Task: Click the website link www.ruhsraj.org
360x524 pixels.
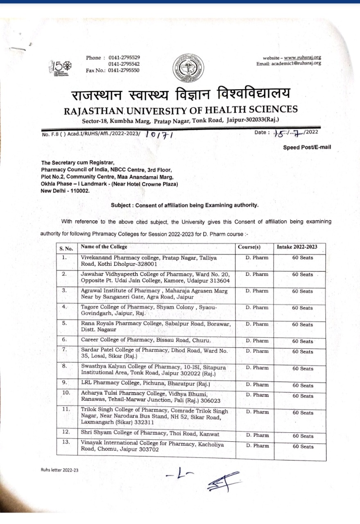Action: coord(302,58)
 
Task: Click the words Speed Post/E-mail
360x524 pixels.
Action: coord(307,147)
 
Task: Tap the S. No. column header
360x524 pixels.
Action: coord(66,248)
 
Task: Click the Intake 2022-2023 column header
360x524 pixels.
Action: coord(297,247)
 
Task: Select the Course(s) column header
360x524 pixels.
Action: coord(249,247)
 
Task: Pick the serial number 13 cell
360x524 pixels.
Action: coord(66,442)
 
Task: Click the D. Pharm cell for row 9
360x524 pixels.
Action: coord(257,385)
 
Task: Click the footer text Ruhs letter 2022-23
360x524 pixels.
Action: coord(59,470)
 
